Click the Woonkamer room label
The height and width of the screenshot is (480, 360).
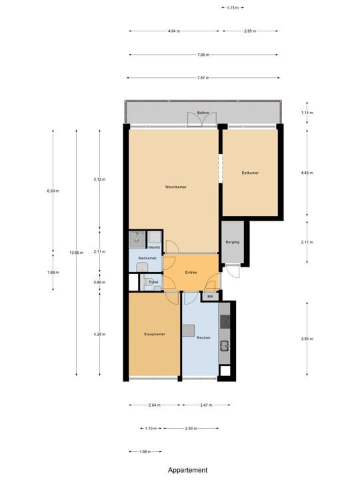coord(175,187)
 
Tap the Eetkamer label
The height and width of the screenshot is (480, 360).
coord(250,173)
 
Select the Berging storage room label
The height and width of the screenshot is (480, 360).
coord(232,242)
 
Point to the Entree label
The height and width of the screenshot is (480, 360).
coord(190,272)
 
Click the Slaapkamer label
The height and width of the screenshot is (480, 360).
coord(154,334)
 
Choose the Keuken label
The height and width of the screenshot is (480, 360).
coord(203,338)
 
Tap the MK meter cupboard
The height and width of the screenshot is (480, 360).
coord(210,297)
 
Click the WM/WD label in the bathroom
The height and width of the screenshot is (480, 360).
coord(154,247)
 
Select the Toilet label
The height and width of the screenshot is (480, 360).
coord(153,283)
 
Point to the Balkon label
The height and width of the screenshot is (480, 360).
coord(203,113)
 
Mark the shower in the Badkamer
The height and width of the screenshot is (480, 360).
coord(137,239)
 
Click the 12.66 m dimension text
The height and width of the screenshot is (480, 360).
coord(75,253)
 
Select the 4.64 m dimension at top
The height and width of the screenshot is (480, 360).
coord(173,31)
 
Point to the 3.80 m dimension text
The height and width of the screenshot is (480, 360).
coord(306,339)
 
